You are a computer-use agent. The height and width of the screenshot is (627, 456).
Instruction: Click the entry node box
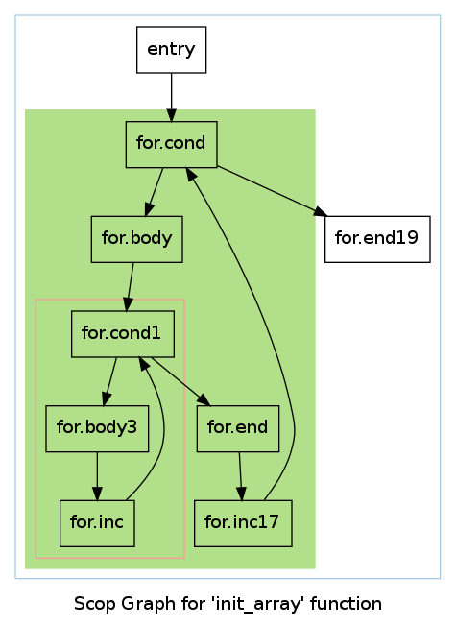(172, 50)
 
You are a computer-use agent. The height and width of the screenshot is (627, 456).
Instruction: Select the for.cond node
(172, 144)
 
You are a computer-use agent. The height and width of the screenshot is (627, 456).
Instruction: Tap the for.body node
(137, 239)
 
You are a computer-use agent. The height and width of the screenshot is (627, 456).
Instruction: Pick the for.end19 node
(377, 239)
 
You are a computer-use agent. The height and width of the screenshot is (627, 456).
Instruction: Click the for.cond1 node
(123, 334)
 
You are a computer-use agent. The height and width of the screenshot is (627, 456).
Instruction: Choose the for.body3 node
(97, 428)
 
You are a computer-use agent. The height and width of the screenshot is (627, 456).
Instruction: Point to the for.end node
(238, 428)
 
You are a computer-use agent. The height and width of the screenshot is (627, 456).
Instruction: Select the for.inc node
(97, 523)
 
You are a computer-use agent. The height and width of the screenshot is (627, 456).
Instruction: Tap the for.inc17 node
(243, 523)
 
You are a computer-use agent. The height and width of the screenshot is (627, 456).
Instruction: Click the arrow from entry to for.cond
(172, 97)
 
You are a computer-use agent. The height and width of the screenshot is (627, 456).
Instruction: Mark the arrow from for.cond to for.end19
(272, 191)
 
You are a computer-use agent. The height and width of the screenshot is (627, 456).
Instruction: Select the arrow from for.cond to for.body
(155, 192)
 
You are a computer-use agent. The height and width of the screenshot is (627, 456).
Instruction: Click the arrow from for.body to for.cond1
(130, 287)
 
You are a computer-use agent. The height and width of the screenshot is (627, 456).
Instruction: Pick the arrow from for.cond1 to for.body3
(109, 381)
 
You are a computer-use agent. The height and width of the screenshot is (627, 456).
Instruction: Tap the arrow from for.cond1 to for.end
(180, 381)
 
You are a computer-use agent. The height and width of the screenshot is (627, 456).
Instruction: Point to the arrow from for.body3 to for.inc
(97, 476)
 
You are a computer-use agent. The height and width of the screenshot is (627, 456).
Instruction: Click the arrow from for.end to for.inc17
(241, 476)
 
